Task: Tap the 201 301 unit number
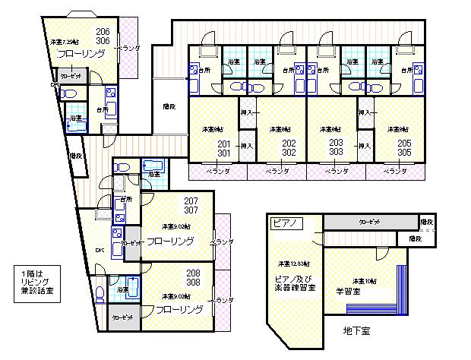pos(224,147)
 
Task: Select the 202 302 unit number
pos(289,147)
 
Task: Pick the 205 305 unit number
pos(405,147)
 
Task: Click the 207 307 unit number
pos(191,206)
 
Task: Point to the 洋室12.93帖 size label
pos(292,263)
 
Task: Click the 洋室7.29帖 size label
pos(64,42)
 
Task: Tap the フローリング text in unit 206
pos(79,55)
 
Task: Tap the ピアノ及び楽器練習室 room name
pos(292,283)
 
